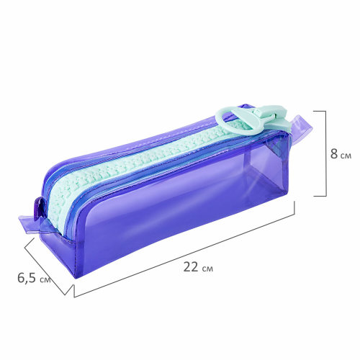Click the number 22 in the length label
coord(191,267)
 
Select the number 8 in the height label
coord(333,154)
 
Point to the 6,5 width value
coord(27,278)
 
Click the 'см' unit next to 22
coord(207,269)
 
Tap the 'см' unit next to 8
coord(346,156)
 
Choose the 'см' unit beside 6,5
coord(45,279)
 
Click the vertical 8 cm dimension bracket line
coord(326,153)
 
